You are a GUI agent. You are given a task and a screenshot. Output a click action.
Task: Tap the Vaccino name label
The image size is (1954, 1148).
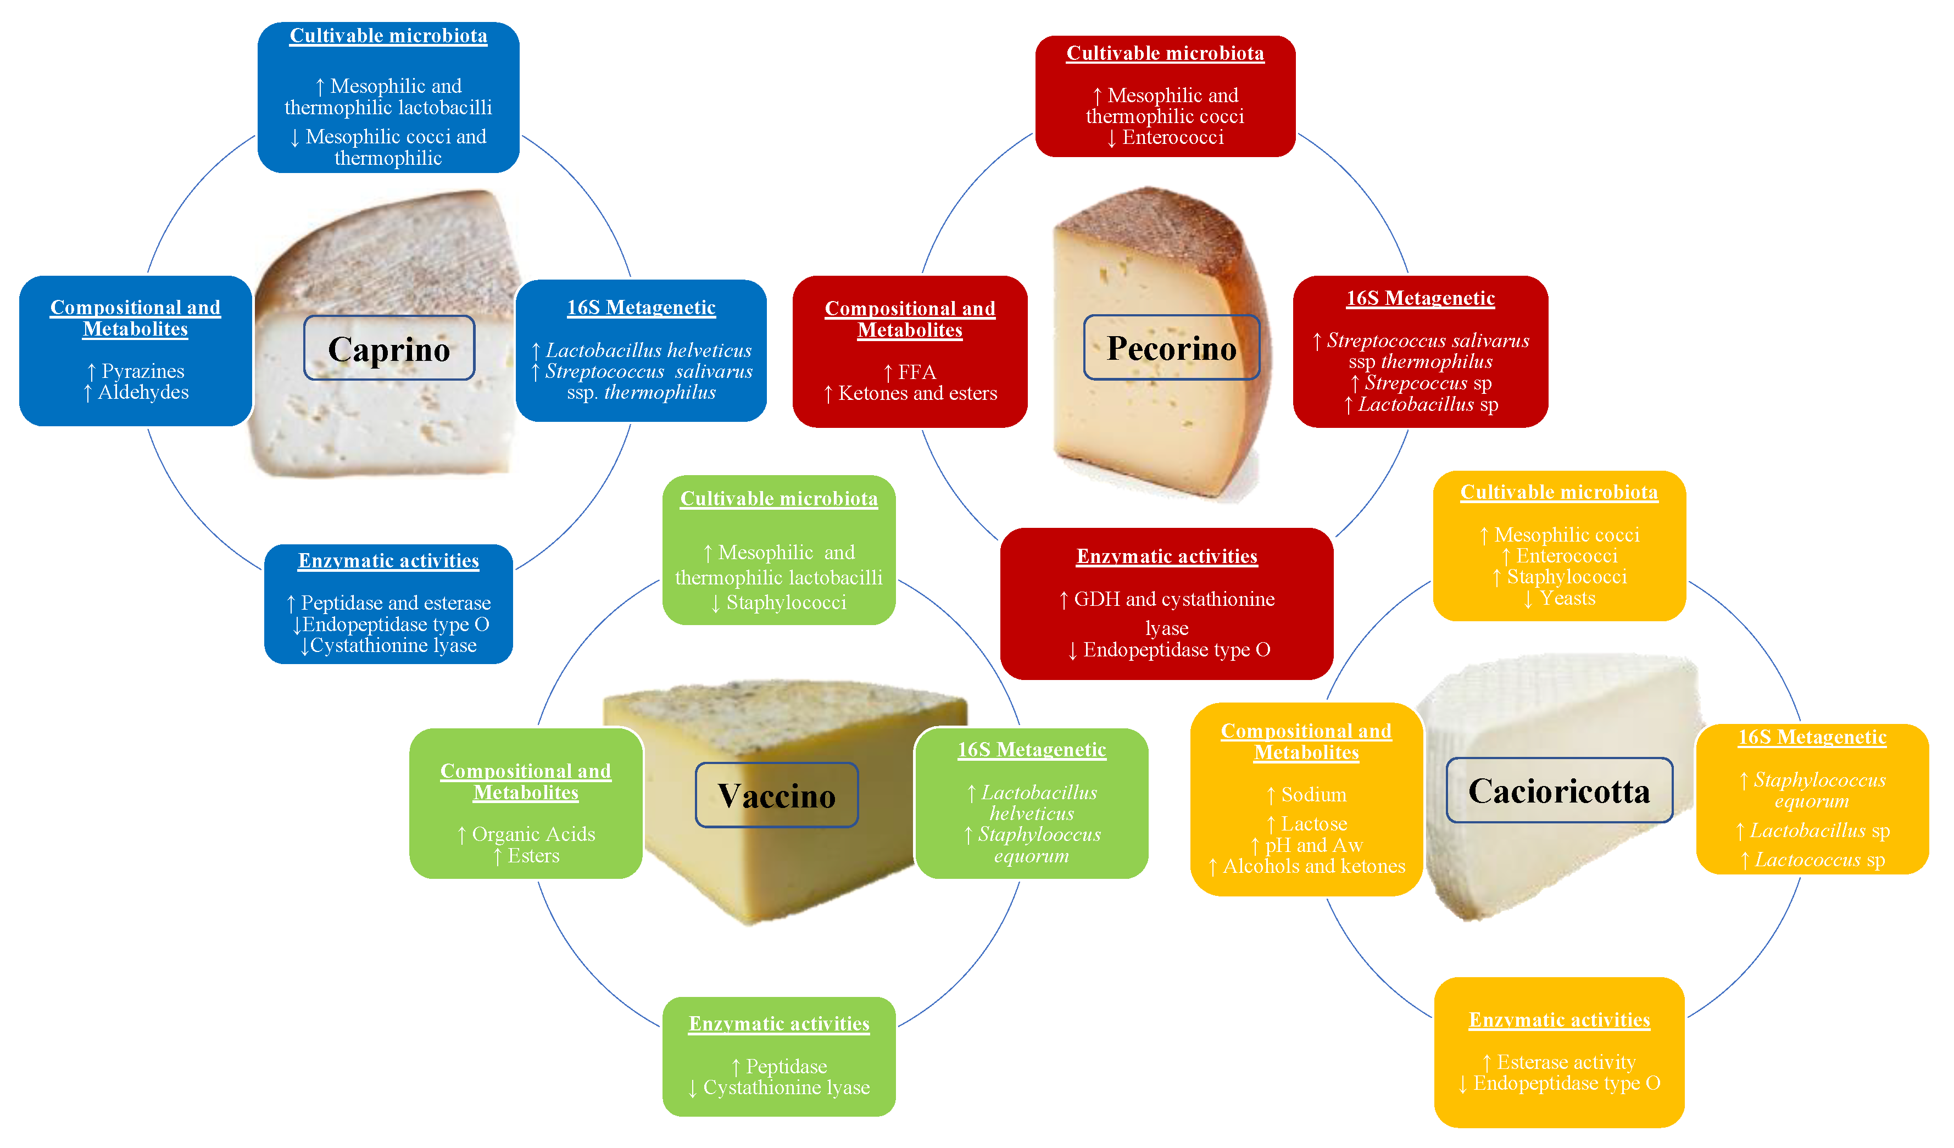click(x=776, y=795)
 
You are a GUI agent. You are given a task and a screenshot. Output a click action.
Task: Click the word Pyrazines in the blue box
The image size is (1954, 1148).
click(x=143, y=371)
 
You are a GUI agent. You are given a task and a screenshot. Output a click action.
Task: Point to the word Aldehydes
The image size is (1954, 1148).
click(x=143, y=392)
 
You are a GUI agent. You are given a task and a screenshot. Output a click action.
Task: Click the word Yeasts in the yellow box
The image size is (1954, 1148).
click(x=1567, y=598)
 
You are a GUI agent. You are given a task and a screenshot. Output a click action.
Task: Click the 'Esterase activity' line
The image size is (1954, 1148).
click(x=1566, y=1062)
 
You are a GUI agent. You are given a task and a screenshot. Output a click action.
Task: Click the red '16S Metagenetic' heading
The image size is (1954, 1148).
click(x=1421, y=298)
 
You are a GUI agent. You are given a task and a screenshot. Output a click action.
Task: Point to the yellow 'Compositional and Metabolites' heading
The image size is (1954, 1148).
click(x=1306, y=742)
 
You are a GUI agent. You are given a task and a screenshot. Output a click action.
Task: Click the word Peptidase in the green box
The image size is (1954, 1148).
click(x=786, y=1067)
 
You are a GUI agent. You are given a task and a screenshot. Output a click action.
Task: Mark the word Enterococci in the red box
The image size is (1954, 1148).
click(x=1172, y=137)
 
